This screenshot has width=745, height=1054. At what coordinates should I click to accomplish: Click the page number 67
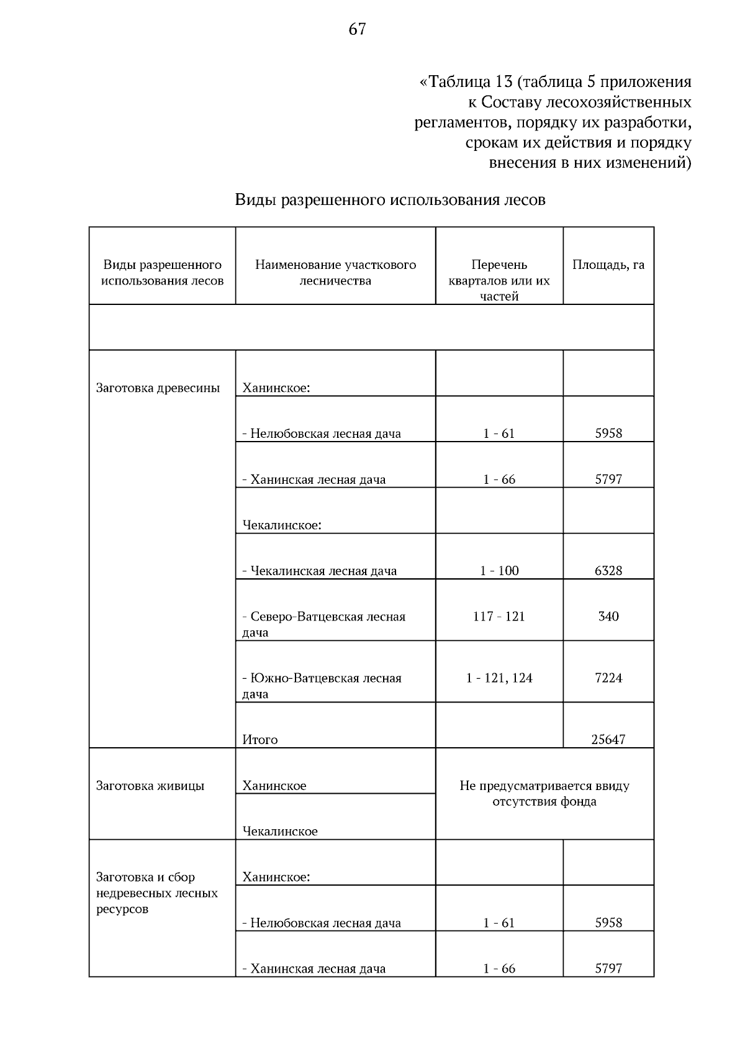[357, 29]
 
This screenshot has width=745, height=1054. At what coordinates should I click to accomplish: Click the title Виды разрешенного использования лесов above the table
[390, 200]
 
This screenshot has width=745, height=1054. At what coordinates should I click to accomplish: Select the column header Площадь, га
[608, 265]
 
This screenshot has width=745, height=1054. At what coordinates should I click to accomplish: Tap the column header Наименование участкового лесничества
[335, 273]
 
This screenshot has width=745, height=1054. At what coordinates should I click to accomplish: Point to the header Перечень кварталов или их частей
[499, 281]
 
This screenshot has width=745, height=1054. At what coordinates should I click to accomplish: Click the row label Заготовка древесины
[158, 388]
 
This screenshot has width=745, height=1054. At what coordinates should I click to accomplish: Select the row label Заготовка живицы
[150, 786]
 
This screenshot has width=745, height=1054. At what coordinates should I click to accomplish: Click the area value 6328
[608, 571]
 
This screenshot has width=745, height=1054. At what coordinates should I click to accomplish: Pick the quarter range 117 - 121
[499, 617]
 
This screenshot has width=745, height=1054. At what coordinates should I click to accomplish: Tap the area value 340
[608, 617]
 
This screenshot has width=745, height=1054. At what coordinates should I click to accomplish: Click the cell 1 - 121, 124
[499, 678]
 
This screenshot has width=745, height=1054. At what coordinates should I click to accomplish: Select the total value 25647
[608, 740]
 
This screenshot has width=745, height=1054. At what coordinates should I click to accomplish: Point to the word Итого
[260, 740]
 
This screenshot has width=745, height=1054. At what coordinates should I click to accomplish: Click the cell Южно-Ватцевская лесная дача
[322, 686]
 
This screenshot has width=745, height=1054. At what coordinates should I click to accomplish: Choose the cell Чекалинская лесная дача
[319, 571]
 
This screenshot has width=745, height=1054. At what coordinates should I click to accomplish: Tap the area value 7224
[608, 678]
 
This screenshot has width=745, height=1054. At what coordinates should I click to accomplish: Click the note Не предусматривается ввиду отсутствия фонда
[544, 794]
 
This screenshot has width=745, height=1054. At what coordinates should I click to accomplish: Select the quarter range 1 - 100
[499, 571]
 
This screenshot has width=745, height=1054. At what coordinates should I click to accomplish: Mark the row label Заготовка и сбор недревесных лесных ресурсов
[156, 893]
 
